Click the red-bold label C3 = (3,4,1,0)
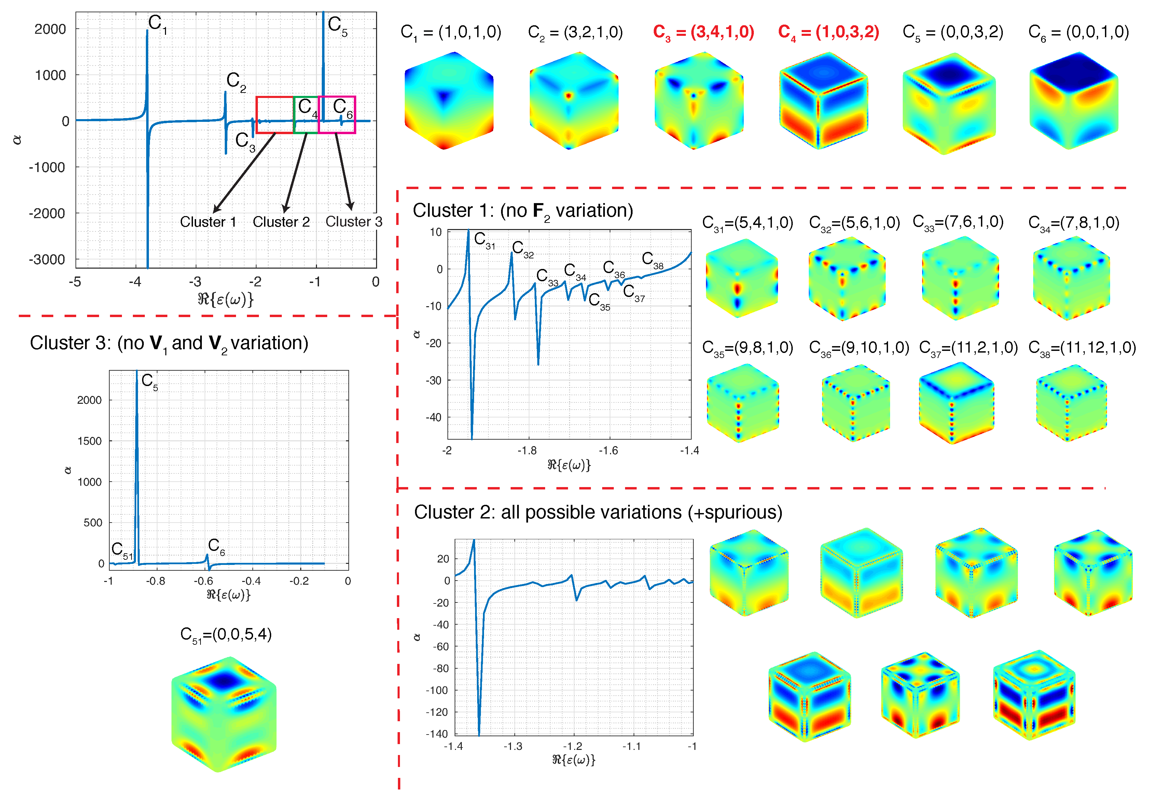[x=703, y=32]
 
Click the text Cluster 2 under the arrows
[x=281, y=222]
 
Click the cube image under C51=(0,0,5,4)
[x=224, y=714]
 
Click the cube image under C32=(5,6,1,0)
[x=847, y=279]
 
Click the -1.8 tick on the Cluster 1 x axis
[x=527, y=451]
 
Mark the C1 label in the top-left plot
[x=157, y=24]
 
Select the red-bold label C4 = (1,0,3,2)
[x=828, y=32]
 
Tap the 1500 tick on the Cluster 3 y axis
[x=89, y=441]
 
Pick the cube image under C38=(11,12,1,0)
[x=1071, y=403]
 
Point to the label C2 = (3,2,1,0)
[x=575, y=32]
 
